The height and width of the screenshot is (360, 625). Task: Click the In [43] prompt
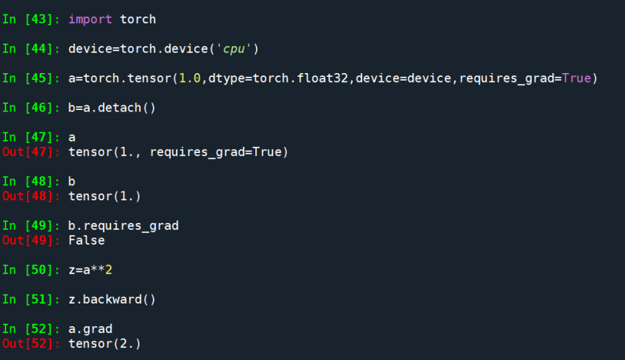(x=32, y=19)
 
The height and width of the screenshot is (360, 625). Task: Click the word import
(x=90, y=19)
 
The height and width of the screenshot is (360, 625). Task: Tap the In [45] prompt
(x=32, y=78)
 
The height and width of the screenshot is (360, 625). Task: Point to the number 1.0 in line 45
(x=189, y=78)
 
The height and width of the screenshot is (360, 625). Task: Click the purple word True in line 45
(x=576, y=78)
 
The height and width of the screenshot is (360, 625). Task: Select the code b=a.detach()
(x=112, y=107)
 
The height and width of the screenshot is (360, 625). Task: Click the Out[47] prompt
(x=32, y=152)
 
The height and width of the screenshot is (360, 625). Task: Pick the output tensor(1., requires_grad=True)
(x=178, y=152)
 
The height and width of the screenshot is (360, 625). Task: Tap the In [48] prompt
(x=32, y=182)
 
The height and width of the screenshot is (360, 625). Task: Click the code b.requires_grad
(x=123, y=226)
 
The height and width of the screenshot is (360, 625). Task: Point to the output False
(x=87, y=241)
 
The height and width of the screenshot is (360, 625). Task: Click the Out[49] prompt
(x=32, y=241)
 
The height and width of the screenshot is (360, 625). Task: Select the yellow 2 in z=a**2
(x=108, y=270)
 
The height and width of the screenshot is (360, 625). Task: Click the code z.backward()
(x=112, y=300)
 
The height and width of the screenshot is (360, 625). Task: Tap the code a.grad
(x=90, y=329)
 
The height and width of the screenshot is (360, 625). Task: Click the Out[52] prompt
(x=32, y=344)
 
